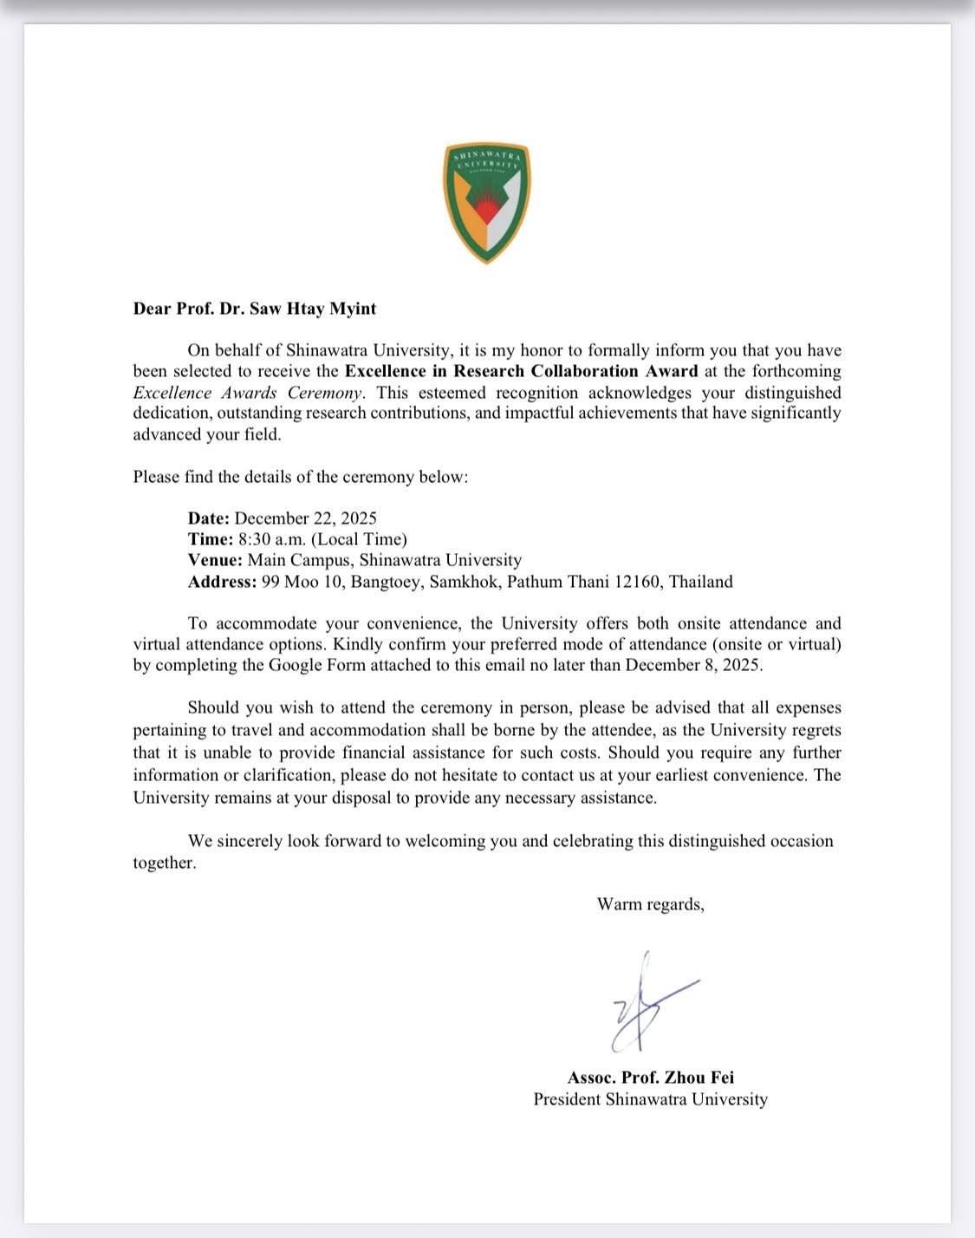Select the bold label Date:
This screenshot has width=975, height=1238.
(208, 518)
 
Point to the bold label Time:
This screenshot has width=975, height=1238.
(210, 539)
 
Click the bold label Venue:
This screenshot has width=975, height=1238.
(215, 560)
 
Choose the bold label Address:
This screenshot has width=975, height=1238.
(222, 582)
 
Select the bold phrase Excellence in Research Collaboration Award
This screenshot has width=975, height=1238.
(521, 371)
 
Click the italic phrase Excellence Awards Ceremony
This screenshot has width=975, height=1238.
(249, 392)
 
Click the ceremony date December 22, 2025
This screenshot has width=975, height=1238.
(306, 518)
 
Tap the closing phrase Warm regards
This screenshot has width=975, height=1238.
(650, 905)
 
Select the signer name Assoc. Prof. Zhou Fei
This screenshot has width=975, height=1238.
(650, 1078)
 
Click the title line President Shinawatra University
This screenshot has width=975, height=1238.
(650, 1099)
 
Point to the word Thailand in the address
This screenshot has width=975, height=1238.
(701, 582)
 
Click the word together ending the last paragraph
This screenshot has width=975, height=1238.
(163, 863)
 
